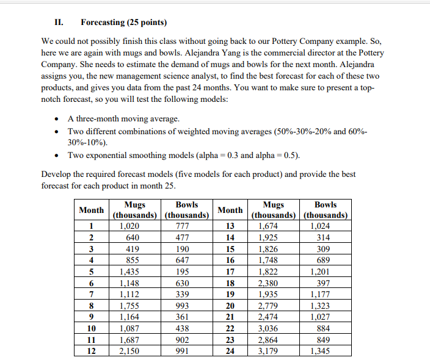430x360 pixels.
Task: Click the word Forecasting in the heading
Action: (x=102, y=23)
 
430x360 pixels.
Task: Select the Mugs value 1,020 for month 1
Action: (x=129, y=226)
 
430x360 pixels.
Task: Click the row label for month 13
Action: (x=230, y=226)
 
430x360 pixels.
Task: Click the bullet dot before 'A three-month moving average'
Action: (x=56, y=119)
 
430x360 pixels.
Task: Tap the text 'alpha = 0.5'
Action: (x=276, y=154)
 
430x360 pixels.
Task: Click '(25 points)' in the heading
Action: (x=145, y=23)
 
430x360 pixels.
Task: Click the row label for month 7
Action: (x=90, y=294)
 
